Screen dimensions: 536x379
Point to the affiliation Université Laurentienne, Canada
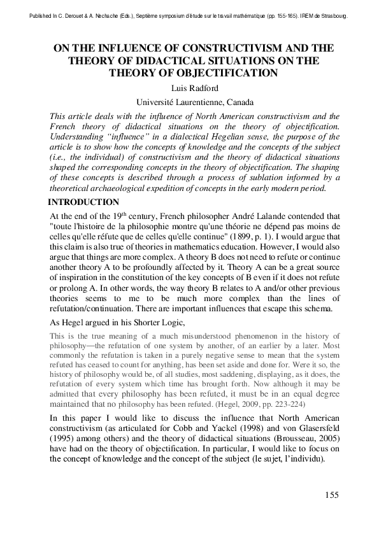189,102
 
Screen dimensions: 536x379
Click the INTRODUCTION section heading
84,202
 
